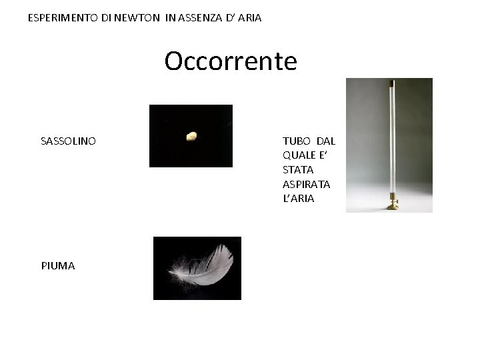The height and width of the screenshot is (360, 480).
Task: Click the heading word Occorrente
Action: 231,61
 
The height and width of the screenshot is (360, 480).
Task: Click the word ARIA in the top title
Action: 249,18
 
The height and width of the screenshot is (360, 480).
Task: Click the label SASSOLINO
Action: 68,141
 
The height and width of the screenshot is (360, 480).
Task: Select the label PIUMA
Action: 58,265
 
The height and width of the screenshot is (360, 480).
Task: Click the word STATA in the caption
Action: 298,170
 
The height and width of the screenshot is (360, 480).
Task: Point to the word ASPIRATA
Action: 307,184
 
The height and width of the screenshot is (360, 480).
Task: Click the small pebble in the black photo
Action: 191,137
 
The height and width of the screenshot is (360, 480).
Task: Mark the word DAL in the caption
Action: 326,141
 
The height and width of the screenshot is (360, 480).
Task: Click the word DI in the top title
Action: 107,18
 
